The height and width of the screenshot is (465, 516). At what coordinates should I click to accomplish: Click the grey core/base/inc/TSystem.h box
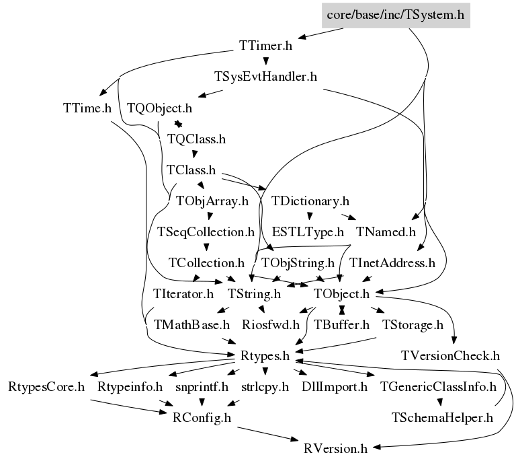395,14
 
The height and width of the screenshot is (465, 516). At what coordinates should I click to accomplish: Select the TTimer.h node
265,46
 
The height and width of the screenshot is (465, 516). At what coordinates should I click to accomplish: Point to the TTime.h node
87,108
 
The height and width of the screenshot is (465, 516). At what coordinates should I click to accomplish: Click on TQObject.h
159,108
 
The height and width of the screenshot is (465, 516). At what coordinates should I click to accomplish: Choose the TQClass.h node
196,139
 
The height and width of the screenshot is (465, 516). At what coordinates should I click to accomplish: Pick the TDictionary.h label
310,201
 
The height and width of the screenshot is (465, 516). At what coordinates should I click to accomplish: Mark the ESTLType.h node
307,232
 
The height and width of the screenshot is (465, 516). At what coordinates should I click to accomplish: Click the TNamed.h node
386,232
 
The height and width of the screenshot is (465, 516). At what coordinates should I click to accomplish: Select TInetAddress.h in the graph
392,262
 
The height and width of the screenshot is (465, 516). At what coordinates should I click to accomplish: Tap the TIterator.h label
183,293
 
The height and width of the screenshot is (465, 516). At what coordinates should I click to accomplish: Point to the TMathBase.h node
191,324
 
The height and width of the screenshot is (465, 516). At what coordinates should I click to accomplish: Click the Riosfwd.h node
270,324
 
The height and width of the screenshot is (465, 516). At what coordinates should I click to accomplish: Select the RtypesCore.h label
46,386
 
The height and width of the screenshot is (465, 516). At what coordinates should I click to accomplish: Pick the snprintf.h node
202,386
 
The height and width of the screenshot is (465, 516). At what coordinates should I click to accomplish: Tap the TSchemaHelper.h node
441,417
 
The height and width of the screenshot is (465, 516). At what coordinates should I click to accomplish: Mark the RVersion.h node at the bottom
335,448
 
